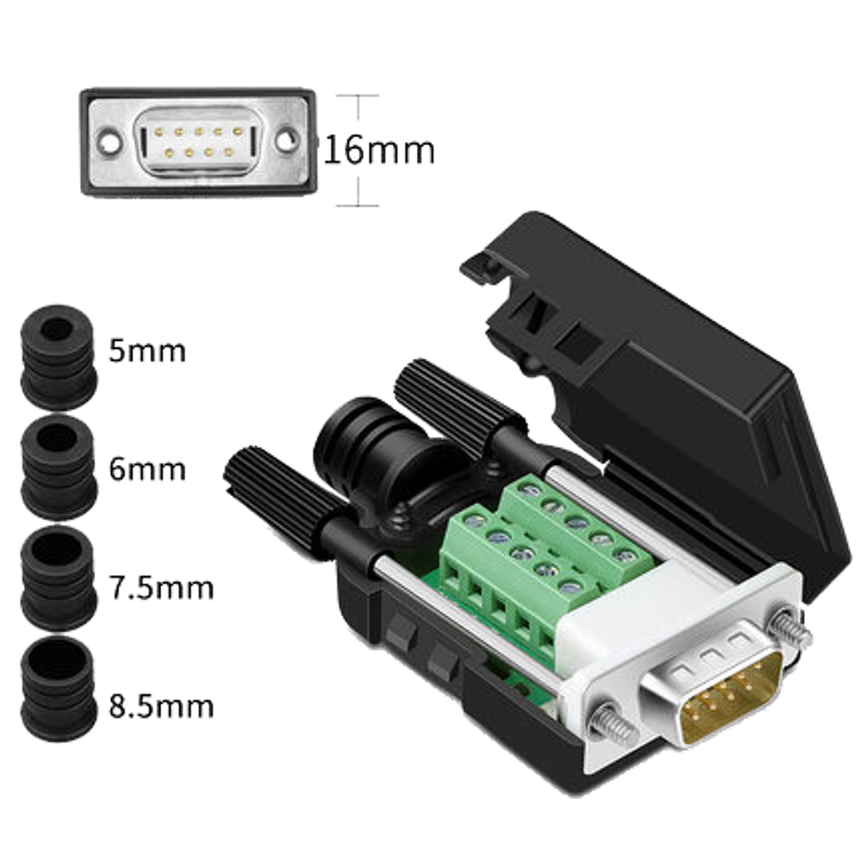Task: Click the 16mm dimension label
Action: click(x=379, y=150)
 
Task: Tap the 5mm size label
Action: click(x=147, y=351)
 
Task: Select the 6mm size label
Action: click(x=147, y=469)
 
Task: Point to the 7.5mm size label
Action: click(x=161, y=588)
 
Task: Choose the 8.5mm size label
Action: click(x=161, y=706)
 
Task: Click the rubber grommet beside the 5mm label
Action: click(x=59, y=358)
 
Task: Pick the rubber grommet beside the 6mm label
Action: click(x=59, y=467)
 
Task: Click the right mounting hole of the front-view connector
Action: click(x=286, y=141)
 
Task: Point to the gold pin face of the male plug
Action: click(x=731, y=698)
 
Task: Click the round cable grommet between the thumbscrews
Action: click(x=379, y=456)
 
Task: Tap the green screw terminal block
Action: click(x=544, y=561)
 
